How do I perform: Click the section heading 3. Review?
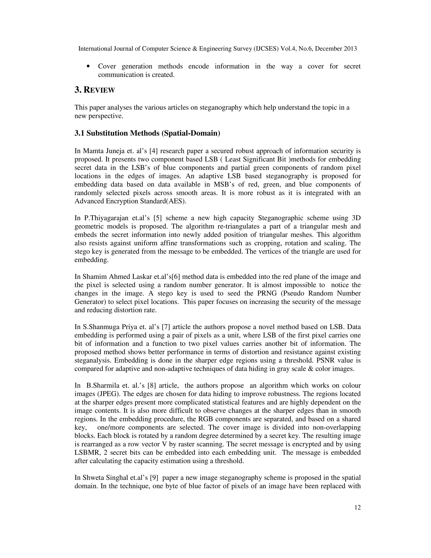(95, 90)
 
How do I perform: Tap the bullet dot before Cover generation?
(88, 66)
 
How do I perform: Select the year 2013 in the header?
(350, 49)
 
